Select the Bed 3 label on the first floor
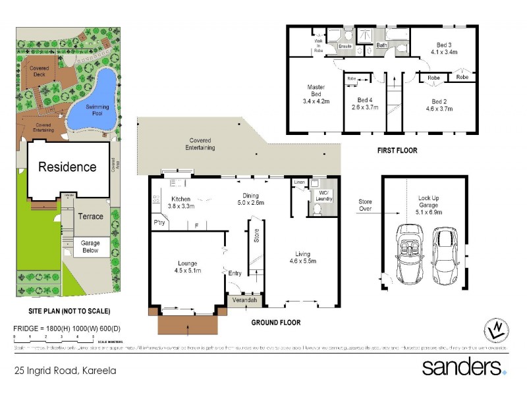[x=443, y=47]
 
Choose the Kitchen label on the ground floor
[x=181, y=202]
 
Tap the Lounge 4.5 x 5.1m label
[x=187, y=267]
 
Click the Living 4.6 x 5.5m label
[x=302, y=257]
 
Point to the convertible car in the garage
[x=408, y=251]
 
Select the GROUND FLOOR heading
[x=275, y=323]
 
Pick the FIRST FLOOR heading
[x=397, y=151]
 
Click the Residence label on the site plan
[x=67, y=167]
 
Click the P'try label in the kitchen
[x=159, y=223]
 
